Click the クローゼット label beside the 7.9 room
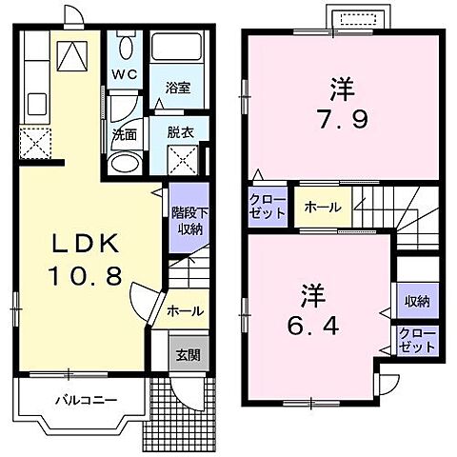click(268, 206)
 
